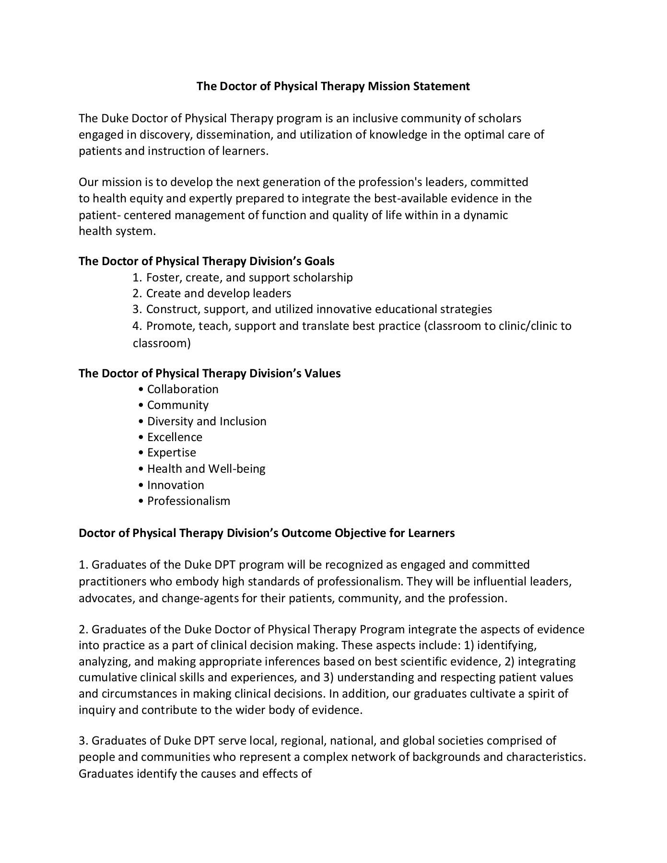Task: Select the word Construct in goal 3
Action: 173,309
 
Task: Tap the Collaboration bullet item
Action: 183,389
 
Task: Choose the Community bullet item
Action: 178,405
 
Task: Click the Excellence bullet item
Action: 175,437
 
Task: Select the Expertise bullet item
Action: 172,453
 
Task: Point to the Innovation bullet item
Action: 176,485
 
